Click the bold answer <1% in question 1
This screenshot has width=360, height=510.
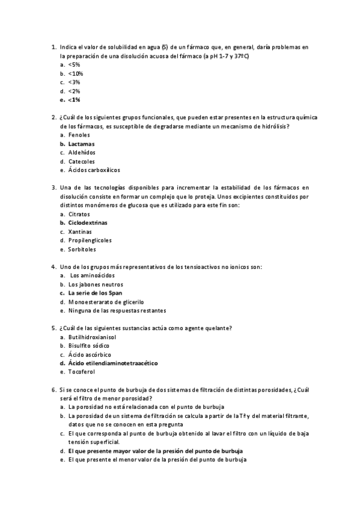(75, 100)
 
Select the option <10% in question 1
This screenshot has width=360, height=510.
(76, 73)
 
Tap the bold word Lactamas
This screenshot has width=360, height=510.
(81, 144)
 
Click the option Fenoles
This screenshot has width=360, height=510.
(79, 135)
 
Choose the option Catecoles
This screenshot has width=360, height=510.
(82, 162)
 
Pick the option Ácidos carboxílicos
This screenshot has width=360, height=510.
(94, 170)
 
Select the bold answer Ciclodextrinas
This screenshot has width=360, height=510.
(88, 223)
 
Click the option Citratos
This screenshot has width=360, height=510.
(79, 214)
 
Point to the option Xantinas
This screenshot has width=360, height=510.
(80, 232)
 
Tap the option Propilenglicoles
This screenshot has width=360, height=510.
(90, 241)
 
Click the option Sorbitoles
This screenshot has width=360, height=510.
(82, 249)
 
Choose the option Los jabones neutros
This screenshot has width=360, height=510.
(96, 284)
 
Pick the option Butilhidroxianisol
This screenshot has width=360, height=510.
(93, 337)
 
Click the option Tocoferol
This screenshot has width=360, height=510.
(82, 372)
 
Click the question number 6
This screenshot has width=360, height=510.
(53, 390)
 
